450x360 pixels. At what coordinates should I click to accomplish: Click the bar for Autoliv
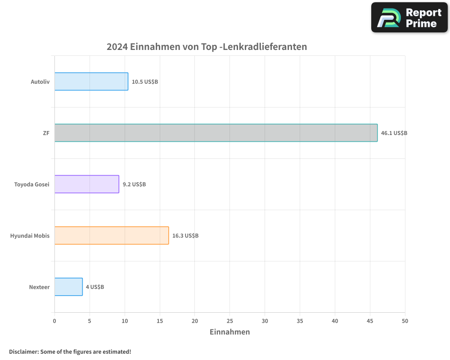(x=91, y=81)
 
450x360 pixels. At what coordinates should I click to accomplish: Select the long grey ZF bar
(x=216, y=133)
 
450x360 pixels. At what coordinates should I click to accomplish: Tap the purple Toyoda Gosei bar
(x=87, y=184)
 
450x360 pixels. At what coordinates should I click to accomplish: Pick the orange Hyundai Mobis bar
(x=112, y=235)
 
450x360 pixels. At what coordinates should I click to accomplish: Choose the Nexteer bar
(x=68, y=287)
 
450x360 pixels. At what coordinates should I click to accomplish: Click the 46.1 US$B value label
(x=394, y=133)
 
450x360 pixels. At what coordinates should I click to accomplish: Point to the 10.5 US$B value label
(x=144, y=82)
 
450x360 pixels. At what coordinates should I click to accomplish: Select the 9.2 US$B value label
(x=134, y=184)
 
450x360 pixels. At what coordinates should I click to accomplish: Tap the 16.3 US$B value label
(x=185, y=236)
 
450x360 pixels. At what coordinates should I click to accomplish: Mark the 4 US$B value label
(x=95, y=287)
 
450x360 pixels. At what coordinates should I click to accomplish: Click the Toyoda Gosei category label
(x=31, y=184)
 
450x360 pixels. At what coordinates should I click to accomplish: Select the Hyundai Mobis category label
(x=30, y=236)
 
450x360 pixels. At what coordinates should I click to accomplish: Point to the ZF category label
(x=46, y=133)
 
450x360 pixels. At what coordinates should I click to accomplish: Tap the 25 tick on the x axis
(x=229, y=321)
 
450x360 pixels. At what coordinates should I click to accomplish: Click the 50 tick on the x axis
(x=405, y=321)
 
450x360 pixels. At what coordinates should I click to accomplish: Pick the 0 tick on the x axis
(x=54, y=321)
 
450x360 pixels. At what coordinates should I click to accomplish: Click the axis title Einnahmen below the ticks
(x=229, y=332)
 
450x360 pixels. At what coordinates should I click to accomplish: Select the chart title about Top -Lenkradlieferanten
(x=207, y=47)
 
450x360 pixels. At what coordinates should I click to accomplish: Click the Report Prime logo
(x=409, y=18)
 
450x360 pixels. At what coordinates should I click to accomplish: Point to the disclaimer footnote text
(x=70, y=351)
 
